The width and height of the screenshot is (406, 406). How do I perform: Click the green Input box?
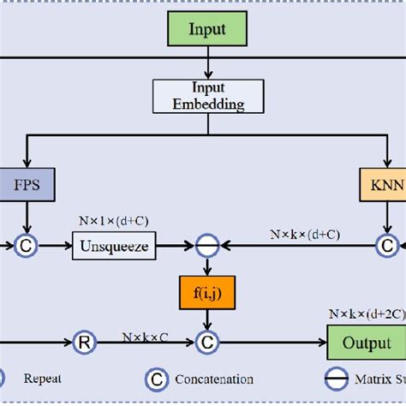tap(208, 30)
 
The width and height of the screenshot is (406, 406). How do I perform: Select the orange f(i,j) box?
tap(206, 293)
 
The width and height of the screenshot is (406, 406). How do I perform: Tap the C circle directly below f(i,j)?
tap(206, 342)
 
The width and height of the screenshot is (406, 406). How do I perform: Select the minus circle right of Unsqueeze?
tap(206, 247)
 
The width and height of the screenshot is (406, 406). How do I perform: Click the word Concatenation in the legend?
tap(213, 379)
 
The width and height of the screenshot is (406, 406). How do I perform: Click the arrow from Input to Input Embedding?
tap(207, 63)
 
